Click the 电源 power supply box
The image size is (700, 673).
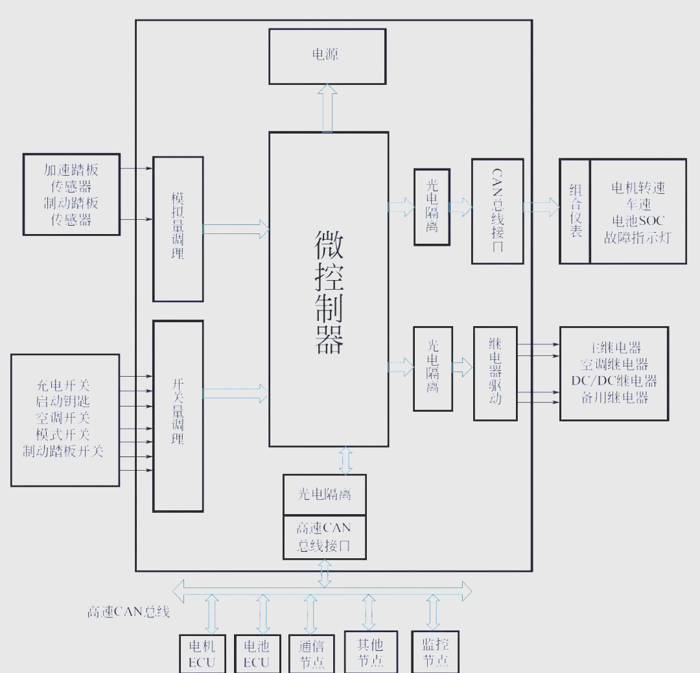pyautogui.click(x=327, y=56)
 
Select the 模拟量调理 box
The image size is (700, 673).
pyautogui.click(x=178, y=229)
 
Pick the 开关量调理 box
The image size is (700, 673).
pyautogui.click(x=178, y=416)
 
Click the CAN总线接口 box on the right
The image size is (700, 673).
pyautogui.click(x=497, y=211)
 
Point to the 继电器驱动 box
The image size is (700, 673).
pyautogui.click(x=495, y=373)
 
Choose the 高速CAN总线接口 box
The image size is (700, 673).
pyautogui.click(x=324, y=537)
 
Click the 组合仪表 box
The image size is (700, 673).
pyautogui.click(x=575, y=211)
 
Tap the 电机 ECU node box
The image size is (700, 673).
pyautogui.click(x=202, y=654)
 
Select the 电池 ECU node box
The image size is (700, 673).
pyautogui.click(x=257, y=654)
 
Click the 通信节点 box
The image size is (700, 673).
pyautogui.click(x=312, y=654)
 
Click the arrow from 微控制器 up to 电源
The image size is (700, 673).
pyautogui.click(x=328, y=108)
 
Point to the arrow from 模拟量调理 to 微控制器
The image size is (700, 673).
pyautogui.click(x=236, y=228)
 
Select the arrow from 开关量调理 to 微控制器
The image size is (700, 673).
pyautogui.click(x=236, y=393)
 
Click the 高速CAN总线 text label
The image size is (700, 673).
pyautogui.click(x=129, y=611)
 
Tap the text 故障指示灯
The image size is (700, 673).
pyautogui.click(x=638, y=238)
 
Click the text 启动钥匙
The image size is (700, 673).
pyautogui.click(x=63, y=401)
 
